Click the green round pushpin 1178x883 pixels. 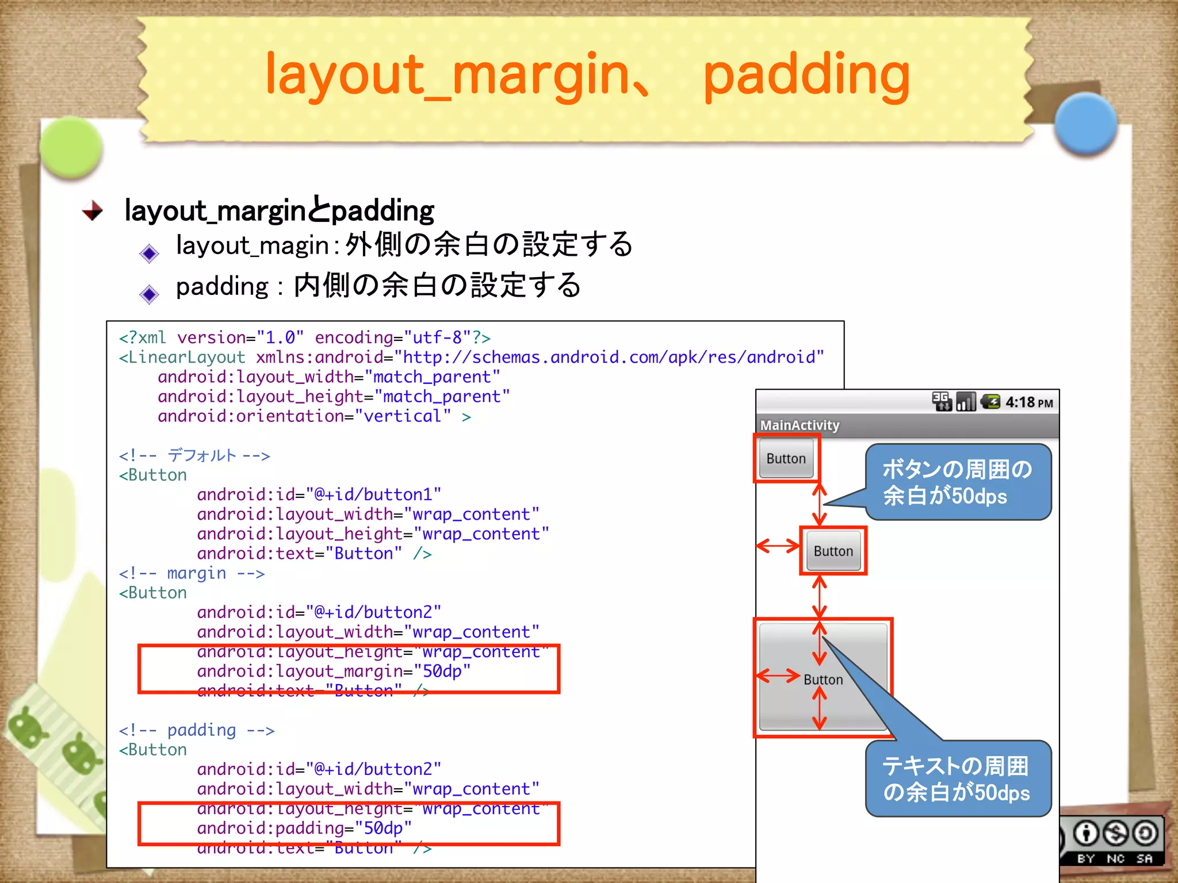(71, 147)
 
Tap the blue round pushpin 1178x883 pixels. (1085, 124)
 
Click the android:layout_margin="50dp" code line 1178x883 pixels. (334, 671)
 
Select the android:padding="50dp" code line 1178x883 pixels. (304, 828)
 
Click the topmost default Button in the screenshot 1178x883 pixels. (786, 459)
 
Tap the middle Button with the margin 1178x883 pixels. (833, 551)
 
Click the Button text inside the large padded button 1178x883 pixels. (823, 679)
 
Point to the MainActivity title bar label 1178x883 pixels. (800, 425)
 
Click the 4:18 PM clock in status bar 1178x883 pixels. (1029, 402)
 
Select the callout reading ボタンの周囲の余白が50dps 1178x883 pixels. (958, 482)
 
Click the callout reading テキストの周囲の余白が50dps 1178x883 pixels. (958, 779)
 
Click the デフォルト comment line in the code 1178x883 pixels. (194, 456)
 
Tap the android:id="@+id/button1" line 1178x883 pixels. (319, 494)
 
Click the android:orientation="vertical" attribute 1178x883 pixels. (304, 416)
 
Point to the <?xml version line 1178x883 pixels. (304, 337)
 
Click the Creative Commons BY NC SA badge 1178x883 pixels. (1115, 840)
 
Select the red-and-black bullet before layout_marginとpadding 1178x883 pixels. (92, 211)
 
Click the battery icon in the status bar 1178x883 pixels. (990, 402)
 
